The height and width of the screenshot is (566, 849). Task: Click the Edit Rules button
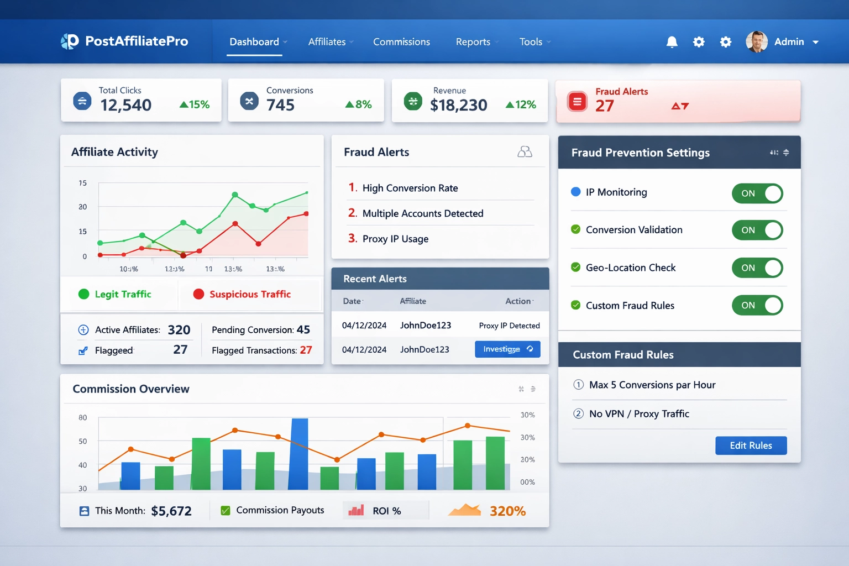click(751, 446)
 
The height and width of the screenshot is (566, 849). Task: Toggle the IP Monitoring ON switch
click(757, 193)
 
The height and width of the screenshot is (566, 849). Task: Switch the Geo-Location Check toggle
click(757, 268)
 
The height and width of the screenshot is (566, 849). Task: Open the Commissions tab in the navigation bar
click(401, 42)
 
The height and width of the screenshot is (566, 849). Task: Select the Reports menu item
click(473, 42)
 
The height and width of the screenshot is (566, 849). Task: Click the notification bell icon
click(672, 42)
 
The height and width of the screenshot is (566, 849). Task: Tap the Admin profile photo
click(756, 42)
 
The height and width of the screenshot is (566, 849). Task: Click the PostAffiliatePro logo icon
click(70, 41)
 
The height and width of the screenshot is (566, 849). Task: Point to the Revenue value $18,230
click(458, 105)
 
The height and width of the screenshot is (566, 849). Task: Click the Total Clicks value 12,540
click(125, 105)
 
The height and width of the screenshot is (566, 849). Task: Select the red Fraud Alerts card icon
click(577, 102)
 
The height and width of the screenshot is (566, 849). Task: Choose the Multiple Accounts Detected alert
click(422, 213)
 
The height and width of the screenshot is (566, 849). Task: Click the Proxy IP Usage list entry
click(395, 239)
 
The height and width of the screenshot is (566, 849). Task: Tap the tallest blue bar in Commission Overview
click(299, 453)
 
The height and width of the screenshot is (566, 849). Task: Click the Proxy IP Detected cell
click(509, 326)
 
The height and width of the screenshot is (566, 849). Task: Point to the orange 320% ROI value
click(507, 511)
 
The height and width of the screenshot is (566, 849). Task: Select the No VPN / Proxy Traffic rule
click(638, 414)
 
